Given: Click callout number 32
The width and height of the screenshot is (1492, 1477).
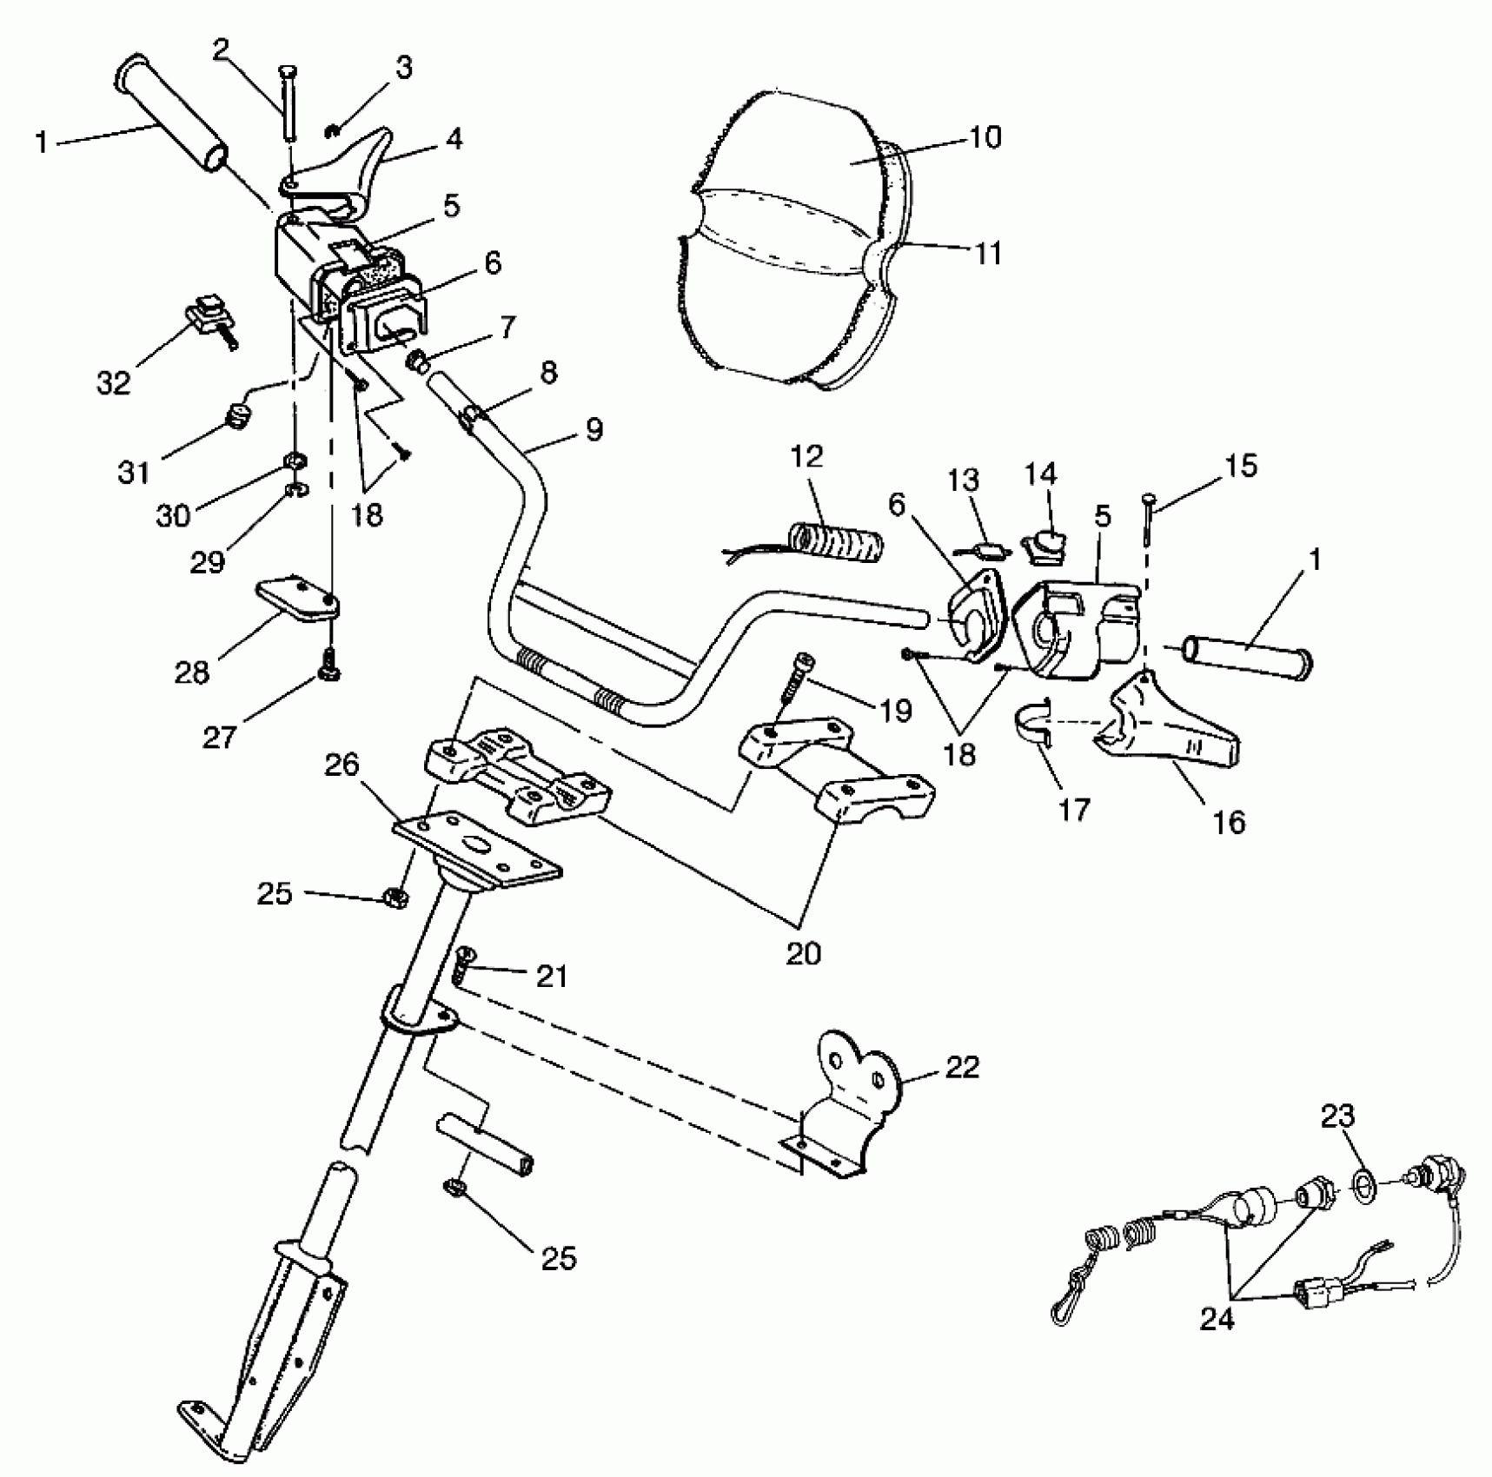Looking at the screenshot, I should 113,382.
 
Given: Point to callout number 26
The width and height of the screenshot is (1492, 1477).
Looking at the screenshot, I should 342,765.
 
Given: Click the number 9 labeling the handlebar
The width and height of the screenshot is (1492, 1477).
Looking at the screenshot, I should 593,429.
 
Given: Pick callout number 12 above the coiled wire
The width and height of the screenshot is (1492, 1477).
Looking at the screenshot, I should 807,457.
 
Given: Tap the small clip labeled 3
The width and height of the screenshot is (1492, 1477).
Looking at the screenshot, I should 332,131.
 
